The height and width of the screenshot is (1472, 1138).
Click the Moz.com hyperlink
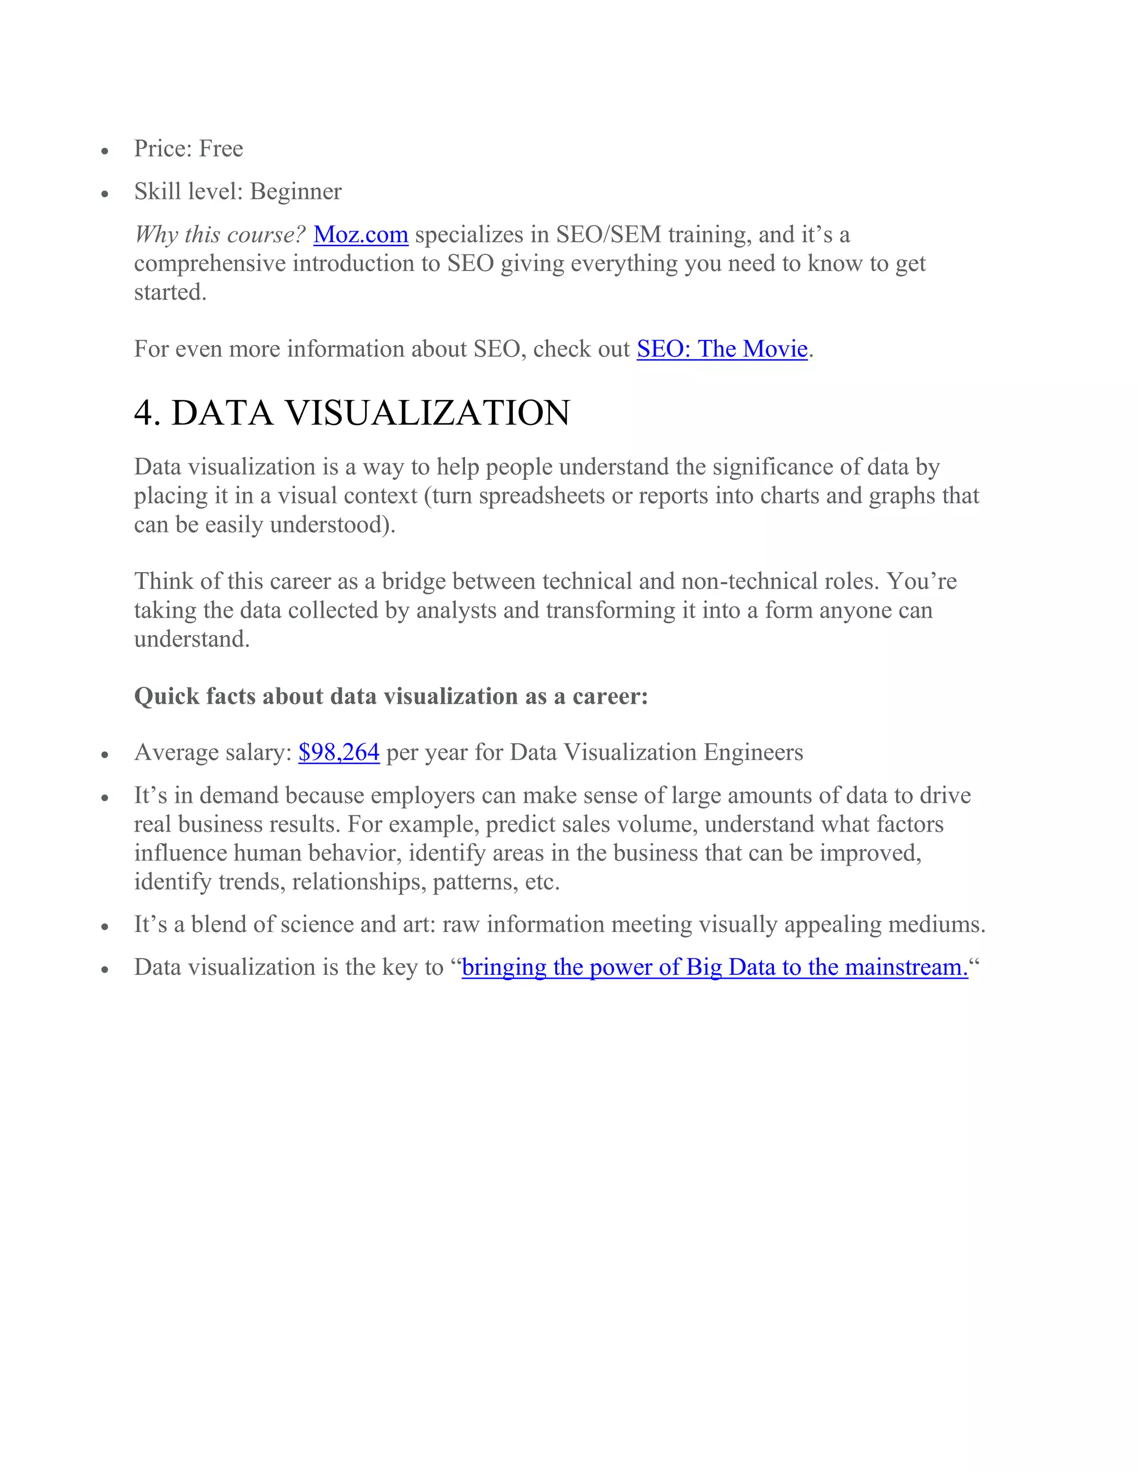pyautogui.click(x=361, y=234)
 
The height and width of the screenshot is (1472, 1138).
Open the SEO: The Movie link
pyautogui.click(x=722, y=349)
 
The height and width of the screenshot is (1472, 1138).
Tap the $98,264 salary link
pyautogui.click(x=338, y=752)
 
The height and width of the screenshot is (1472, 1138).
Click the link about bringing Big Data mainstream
pyautogui.click(x=715, y=967)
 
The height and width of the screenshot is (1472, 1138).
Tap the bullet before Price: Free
pyautogui.click(x=104, y=152)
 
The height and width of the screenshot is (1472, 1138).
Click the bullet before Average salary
pyautogui.click(x=104, y=755)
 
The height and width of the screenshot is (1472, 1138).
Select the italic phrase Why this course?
pyautogui.click(x=220, y=234)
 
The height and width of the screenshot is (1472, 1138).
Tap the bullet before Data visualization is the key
pyautogui.click(x=104, y=970)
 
